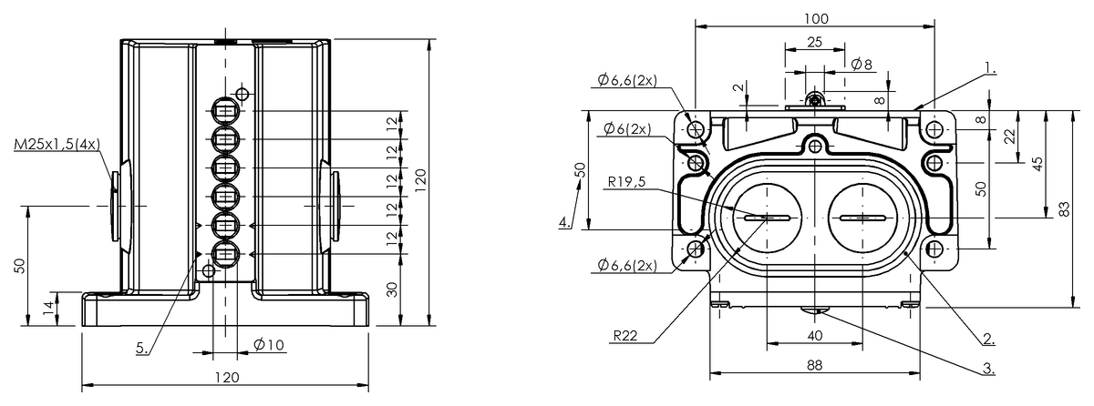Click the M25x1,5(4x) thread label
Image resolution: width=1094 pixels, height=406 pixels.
pyautogui.click(x=57, y=144)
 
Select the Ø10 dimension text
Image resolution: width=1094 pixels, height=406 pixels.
pyautogui.click(x=269, y=345)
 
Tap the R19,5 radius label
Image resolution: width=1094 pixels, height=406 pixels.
pyautogui.click(x=626, y=182)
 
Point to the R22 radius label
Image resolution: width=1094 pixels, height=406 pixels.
pyautogui.click(x=625, y=335)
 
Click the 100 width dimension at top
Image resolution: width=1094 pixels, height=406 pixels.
pyautogui.click(x=816, y=18)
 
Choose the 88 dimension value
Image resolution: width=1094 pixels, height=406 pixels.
pyautogui.click(x=815, y=365)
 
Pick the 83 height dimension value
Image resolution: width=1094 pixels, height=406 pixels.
pyautogui.click(x=1065, y=209)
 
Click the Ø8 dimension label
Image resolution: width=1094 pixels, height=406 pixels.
pyautogui.click(x=861, y=65)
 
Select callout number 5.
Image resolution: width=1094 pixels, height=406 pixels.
pyautogui.click(x=141, y=348)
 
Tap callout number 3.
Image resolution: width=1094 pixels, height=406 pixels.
pyautogui.click(x=988, y=369)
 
